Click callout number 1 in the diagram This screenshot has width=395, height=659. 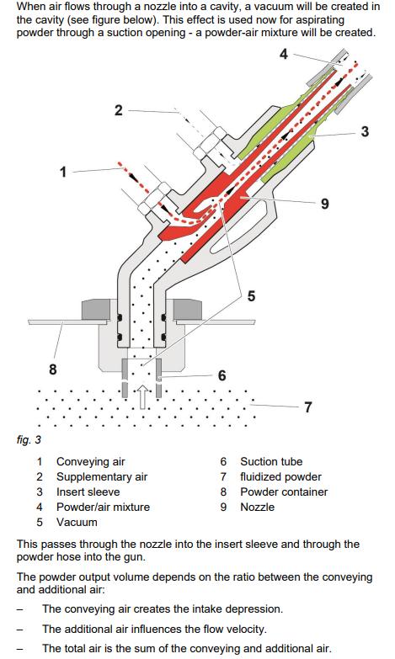tap(63, 172)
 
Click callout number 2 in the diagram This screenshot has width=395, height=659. tap(119, 110)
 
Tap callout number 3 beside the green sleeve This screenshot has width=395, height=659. tap(365, 131)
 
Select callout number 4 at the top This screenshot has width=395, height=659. tap(284, 54)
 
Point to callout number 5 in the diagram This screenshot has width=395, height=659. tap(251, 296)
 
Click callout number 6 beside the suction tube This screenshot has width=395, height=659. tap(222, 375)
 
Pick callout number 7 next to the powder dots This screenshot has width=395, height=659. tap(308, 407)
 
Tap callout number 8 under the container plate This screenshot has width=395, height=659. tap(52, 369)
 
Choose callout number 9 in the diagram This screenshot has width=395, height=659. tap(325, 204)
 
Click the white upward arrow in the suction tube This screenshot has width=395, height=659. tap(142, 396)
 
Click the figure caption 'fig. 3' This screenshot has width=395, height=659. tap(29, 439)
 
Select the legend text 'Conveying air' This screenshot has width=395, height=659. tap(91, 461)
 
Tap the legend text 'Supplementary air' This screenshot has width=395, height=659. tap(102, 476)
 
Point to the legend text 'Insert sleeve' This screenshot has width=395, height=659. tap(88, 492)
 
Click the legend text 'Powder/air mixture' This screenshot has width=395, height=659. tap(103, 507)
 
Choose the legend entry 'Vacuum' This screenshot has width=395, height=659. tap(77, 522)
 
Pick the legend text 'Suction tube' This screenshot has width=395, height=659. tap(271, 461)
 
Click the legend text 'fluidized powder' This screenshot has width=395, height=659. tap(281, 476)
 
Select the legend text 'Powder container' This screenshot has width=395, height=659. tap(284, 492)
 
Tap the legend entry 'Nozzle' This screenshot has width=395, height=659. tap(258, 507)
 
